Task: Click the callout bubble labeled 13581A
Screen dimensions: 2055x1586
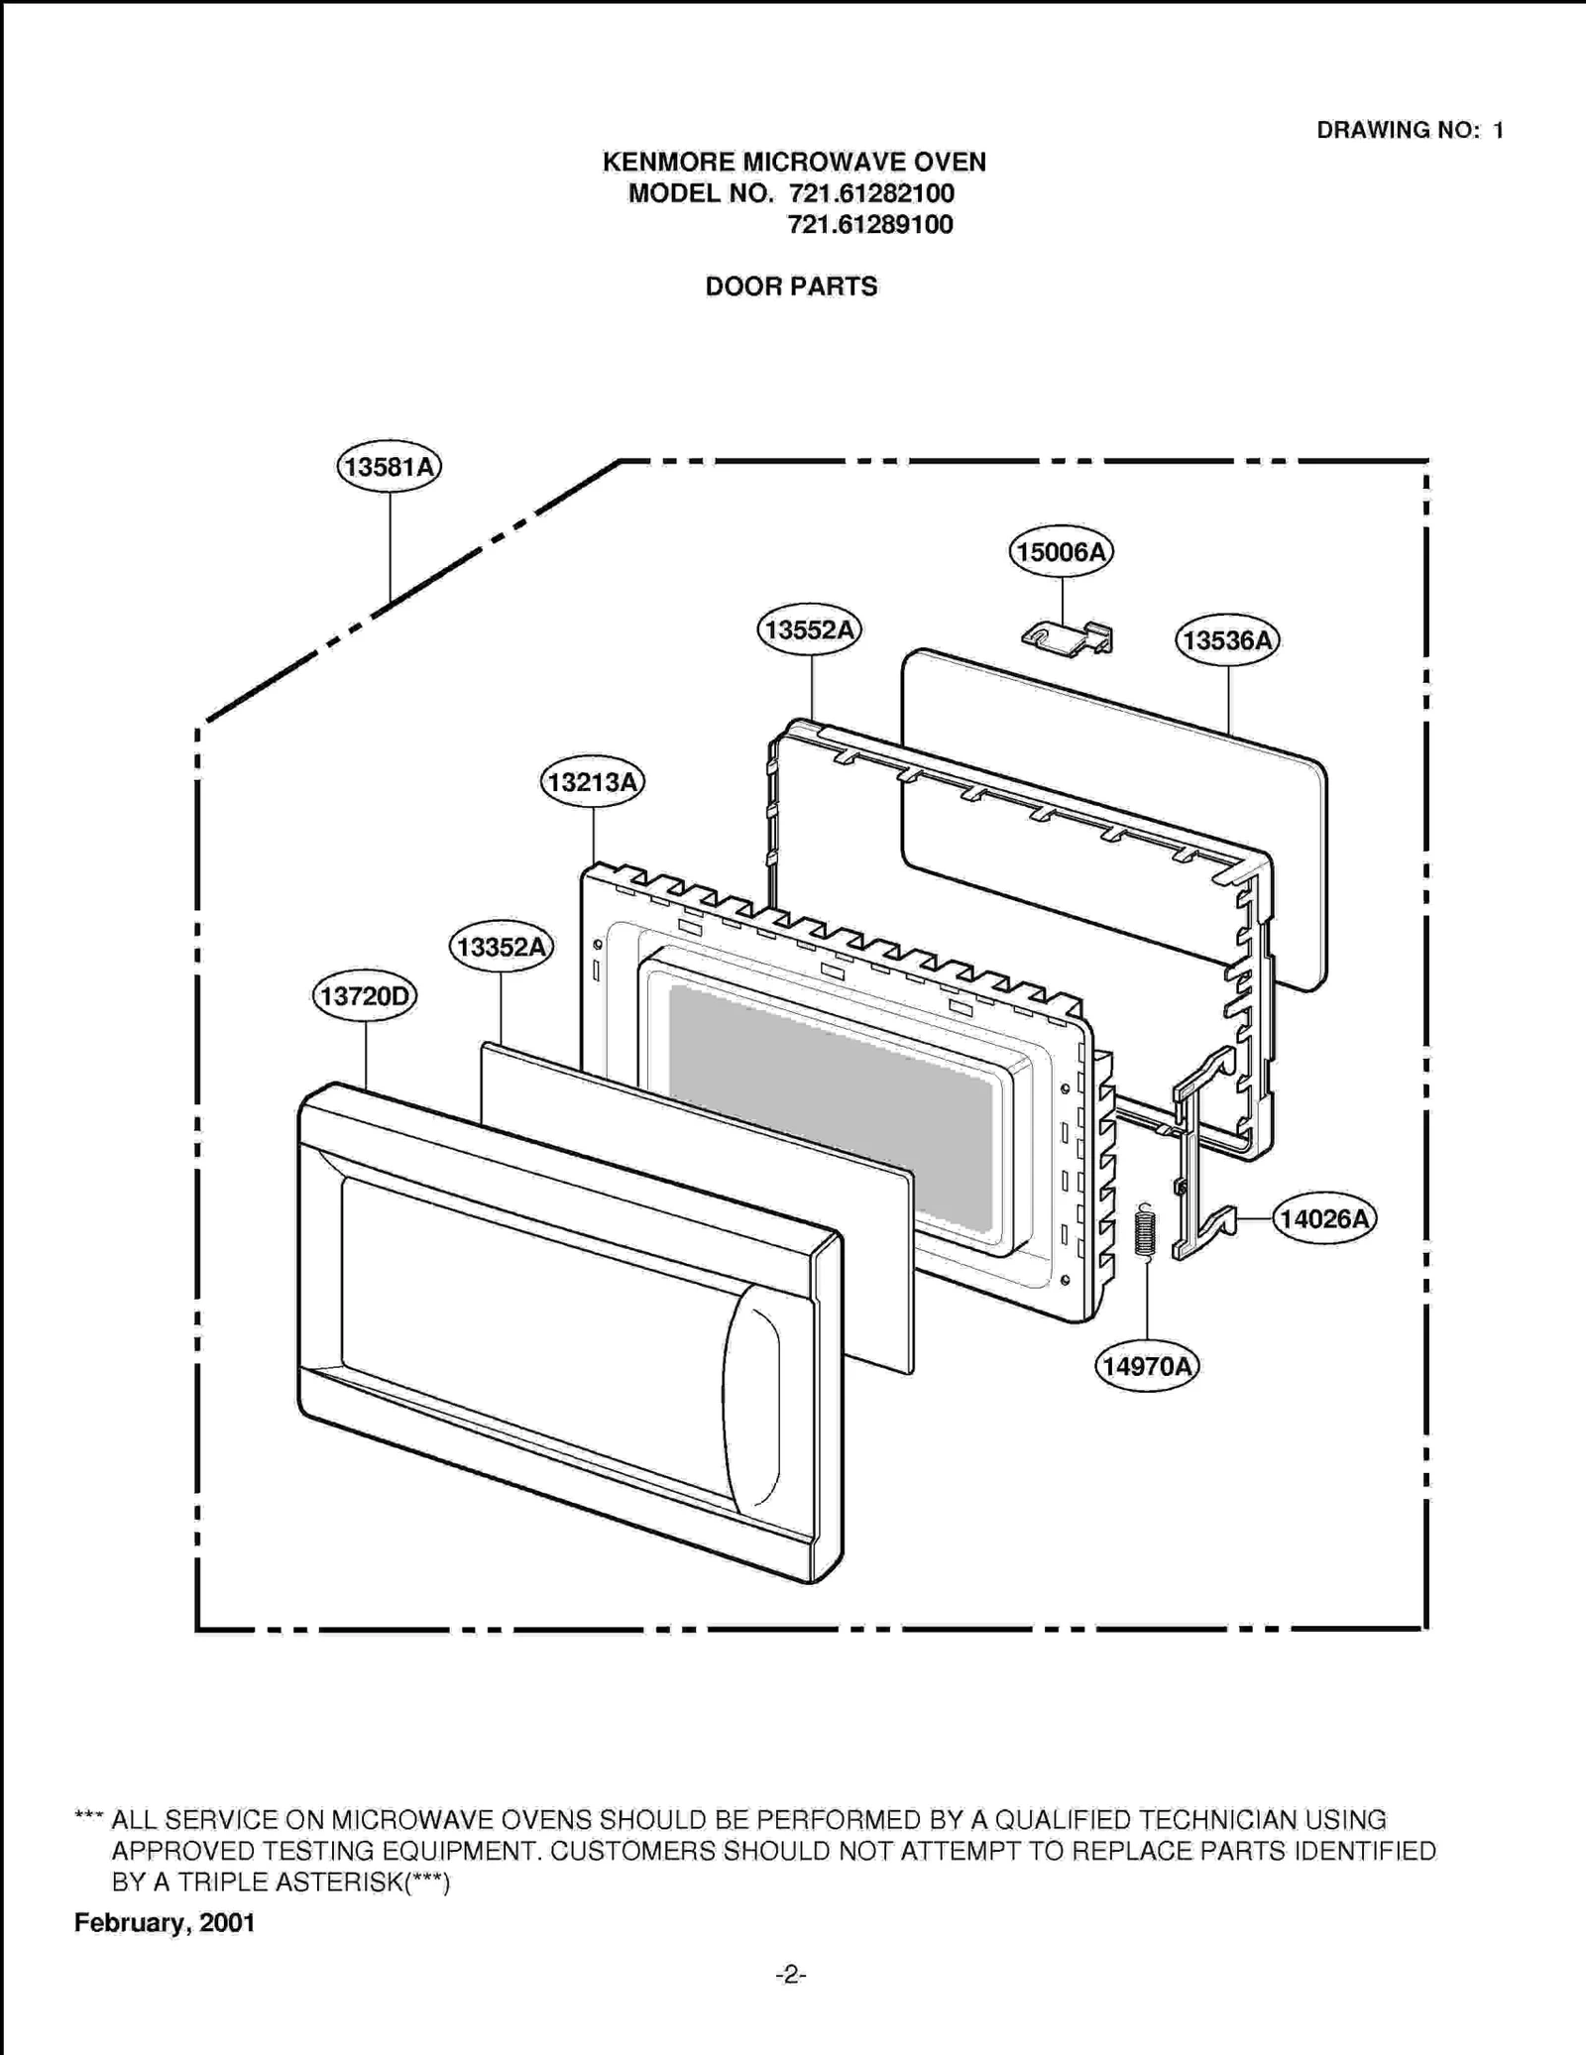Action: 389,466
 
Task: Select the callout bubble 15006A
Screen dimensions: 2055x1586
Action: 1061,552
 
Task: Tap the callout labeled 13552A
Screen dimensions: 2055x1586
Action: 809,629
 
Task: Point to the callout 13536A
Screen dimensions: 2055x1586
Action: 1227,640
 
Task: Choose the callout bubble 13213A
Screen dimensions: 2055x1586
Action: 592,782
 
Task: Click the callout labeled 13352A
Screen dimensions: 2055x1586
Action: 501,947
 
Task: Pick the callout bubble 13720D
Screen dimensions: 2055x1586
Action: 365,995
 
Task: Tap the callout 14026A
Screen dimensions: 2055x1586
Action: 1323,1218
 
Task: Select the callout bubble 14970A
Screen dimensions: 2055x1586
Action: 1147,1366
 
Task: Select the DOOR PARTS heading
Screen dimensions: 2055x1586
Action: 791,286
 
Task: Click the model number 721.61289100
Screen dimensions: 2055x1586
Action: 870,225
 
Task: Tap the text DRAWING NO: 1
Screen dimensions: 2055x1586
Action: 1410,130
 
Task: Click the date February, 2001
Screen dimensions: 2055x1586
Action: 165,1923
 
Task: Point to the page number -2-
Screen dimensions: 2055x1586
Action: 790,1976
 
